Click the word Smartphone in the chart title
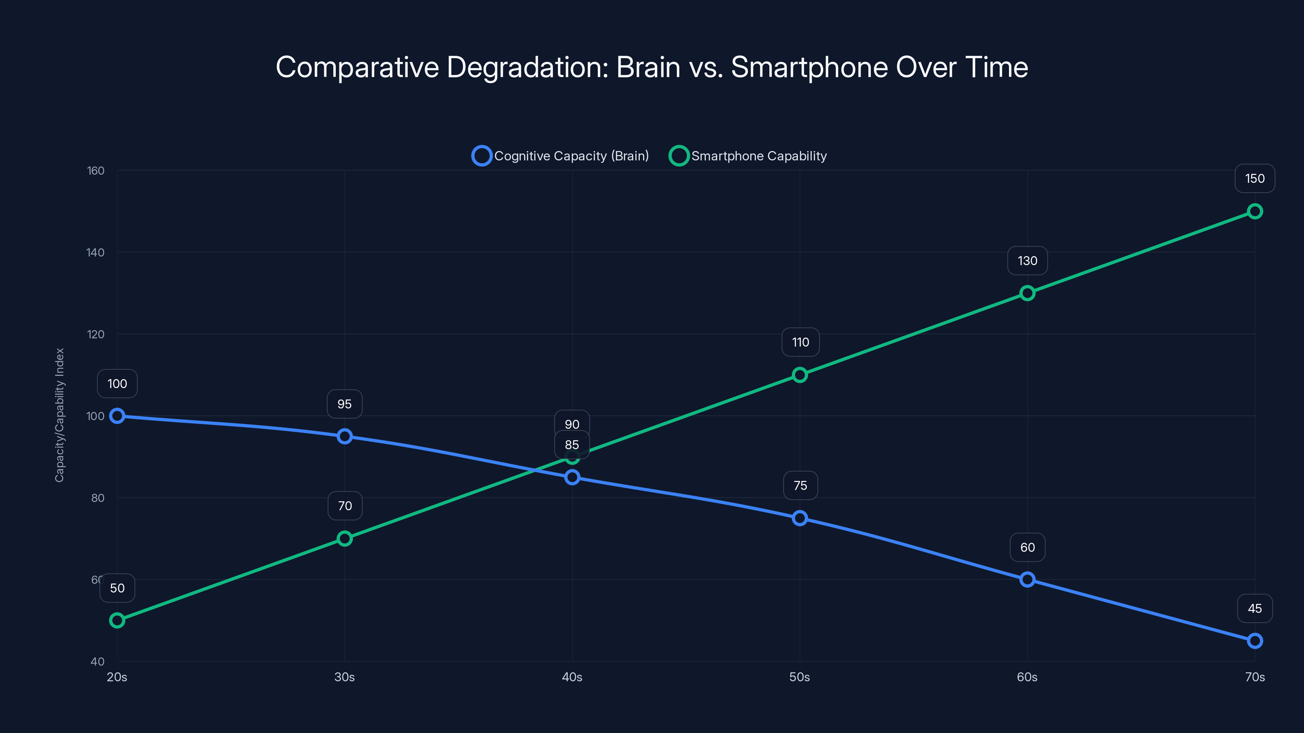coord(809,67)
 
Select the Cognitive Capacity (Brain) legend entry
coord(560,156)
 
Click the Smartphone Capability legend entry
coord(748,156)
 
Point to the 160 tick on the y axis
coord(96,171)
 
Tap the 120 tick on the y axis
coord(96,334)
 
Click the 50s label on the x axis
coord(799,677)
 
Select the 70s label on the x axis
coord(1254,677)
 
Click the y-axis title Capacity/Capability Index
coord(60,415)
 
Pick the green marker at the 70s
coord(1254,211)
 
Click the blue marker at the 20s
coord(117,416)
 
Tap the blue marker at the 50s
coord(799,518)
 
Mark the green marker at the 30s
coord(345,538)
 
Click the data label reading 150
coord(1254,179)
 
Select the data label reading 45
coord(1254,608)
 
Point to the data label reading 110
coord(800,342)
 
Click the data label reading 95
coord(345,404)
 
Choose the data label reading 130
coord(1027,261)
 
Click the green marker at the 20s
coord(117,620)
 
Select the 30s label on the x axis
coord(345,677)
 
